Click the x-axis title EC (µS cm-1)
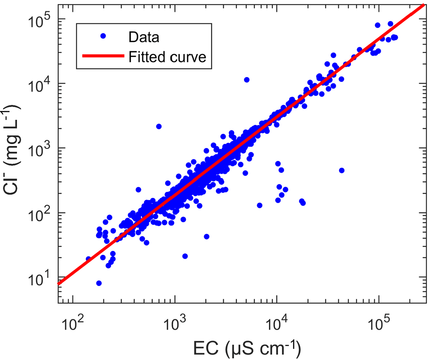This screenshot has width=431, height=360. coord(247,349)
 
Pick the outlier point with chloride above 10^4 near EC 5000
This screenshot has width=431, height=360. coord(247,80)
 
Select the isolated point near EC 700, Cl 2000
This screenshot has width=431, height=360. coord(159,126)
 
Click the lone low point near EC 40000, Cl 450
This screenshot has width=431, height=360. coord(342,170)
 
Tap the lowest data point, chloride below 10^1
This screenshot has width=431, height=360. coord(99,283)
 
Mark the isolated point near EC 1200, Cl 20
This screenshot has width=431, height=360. coord(185,256)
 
